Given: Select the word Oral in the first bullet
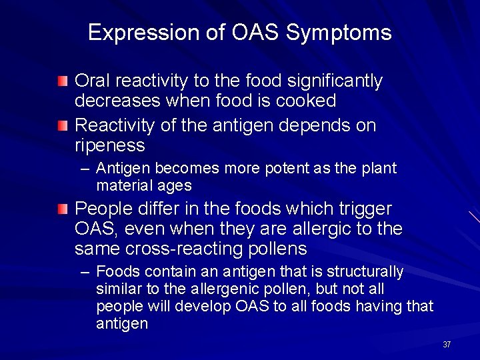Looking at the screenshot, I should (x=92, y=81).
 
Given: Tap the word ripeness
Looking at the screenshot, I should (x=109, y=145).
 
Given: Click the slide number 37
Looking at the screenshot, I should (x=447, y=345).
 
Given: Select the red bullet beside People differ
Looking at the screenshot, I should (x=62, y=209).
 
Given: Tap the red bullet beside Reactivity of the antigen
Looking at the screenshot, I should (x=62, y=125).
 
